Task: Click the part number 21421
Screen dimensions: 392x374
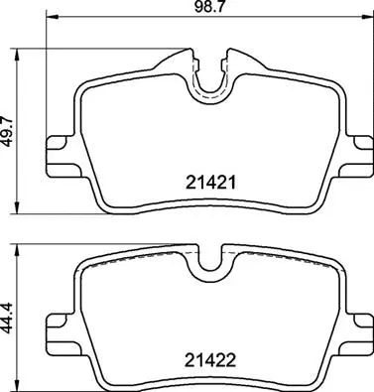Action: [209, 182]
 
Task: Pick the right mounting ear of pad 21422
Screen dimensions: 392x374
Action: [357, 329]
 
